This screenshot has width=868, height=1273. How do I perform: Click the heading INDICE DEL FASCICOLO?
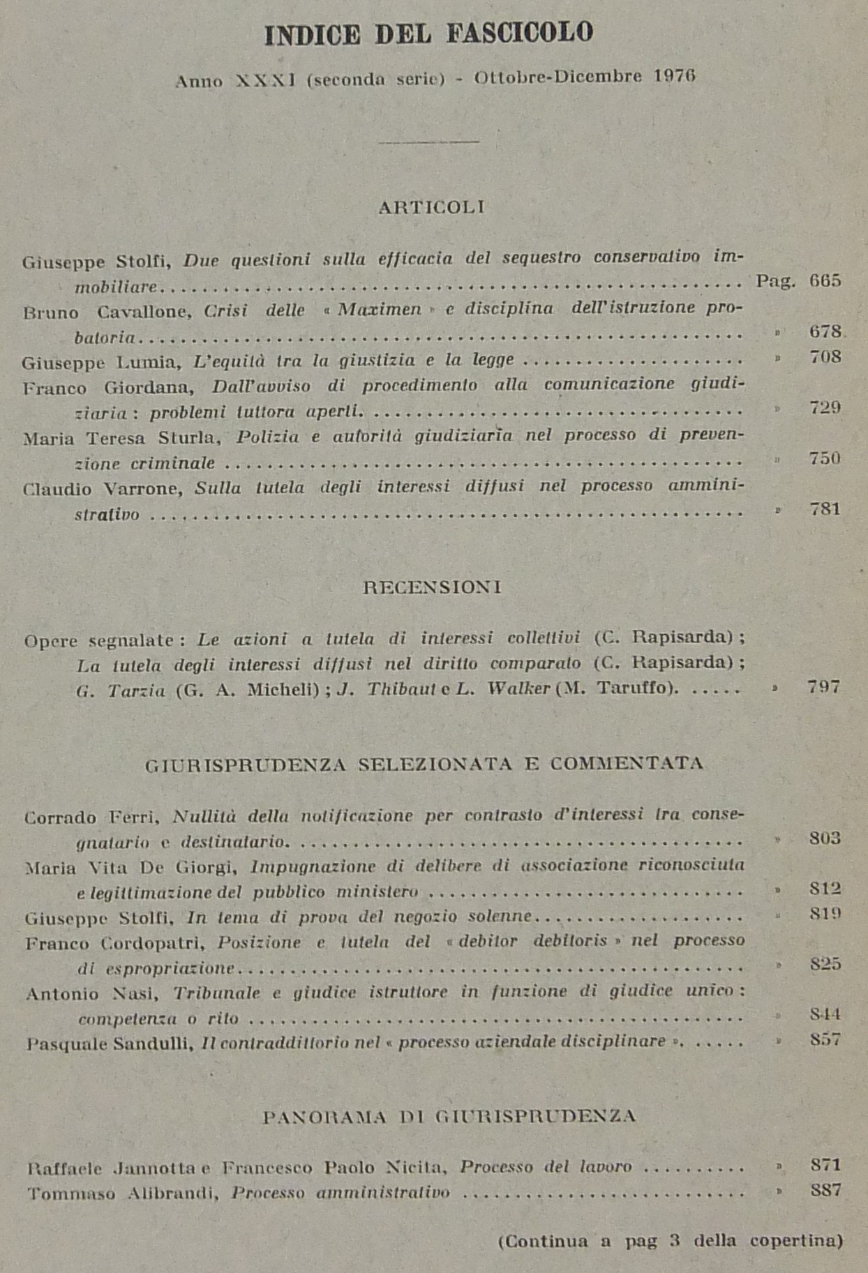[x=428, y=34]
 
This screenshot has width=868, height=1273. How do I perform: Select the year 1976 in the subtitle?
[x=675, y=76]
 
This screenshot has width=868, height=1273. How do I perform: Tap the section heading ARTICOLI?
[x=431, y=207]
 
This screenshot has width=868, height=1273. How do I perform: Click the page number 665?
[x=825, y=281]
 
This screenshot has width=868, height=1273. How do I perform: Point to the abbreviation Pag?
[x=775, y=281]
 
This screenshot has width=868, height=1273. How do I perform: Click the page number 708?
[x=825, y=358]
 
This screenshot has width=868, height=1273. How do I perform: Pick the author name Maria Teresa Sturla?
[x=122, y=438]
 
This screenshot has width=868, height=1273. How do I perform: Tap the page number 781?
[x=825, y=509]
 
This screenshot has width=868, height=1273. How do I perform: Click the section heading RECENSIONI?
[x=432, y=587]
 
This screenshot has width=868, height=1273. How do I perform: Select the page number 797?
[x=823, y=687]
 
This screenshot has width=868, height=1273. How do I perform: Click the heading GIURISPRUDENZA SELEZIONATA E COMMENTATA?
[x=424, y=764]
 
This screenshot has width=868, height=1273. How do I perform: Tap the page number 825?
[x=825, y=964]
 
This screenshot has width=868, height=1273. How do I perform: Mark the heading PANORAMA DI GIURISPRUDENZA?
[x=449, y=1117]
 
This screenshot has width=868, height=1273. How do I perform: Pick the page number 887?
[x=825, y=1190]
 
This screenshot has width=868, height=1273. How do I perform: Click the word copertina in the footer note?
[x=795, y=1241]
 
